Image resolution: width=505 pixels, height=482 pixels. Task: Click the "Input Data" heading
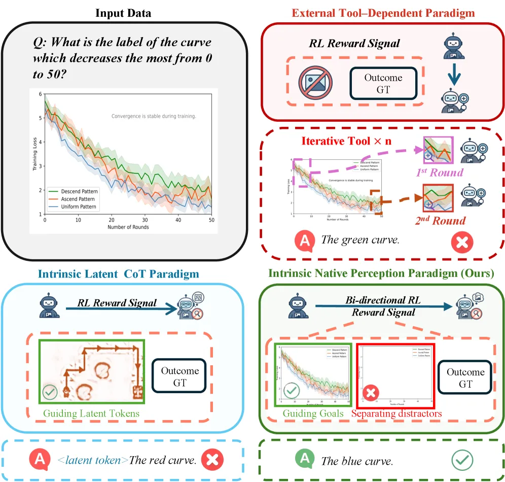(x=124, y=13)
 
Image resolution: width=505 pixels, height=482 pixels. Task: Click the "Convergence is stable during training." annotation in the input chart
(x=153, y=116)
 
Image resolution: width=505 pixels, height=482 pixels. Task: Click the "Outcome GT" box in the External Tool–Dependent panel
(x=383, y=84)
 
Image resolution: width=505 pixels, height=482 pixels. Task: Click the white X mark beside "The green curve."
(x=461, y=243)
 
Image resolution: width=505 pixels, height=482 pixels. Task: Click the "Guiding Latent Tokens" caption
(x=91, y=414)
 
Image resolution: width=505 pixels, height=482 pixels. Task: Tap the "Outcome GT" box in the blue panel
(x=180, y=376)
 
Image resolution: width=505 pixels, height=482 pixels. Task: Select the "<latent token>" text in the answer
(x=93, y=460)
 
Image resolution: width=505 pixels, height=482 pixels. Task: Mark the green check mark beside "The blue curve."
(x=462, y=460)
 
